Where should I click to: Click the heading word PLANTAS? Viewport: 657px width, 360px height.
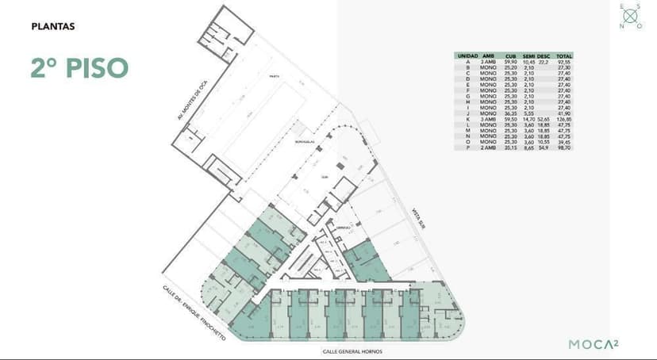coord(52,26)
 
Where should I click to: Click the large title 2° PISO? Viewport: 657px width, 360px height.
coord(79,67)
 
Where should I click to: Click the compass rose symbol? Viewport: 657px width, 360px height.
coord(632,15)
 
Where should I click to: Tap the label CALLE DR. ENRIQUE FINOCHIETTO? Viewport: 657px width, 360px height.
coord(194,314)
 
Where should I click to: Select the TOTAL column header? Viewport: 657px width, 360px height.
coord(565,56)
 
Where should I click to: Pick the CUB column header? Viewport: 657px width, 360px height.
coord(512,56)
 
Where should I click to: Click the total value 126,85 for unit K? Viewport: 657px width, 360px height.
coord(565,119)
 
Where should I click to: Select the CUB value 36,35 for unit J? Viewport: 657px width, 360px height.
coord(512,113)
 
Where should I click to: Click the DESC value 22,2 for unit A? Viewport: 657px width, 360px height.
coord(544,61)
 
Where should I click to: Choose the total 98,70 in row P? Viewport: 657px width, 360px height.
coord(565,147)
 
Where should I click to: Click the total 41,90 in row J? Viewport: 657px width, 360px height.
coord(565,113)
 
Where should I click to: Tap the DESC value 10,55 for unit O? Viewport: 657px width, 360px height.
coord(544,142)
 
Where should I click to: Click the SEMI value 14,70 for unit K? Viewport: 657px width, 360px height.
coord(529,119)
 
